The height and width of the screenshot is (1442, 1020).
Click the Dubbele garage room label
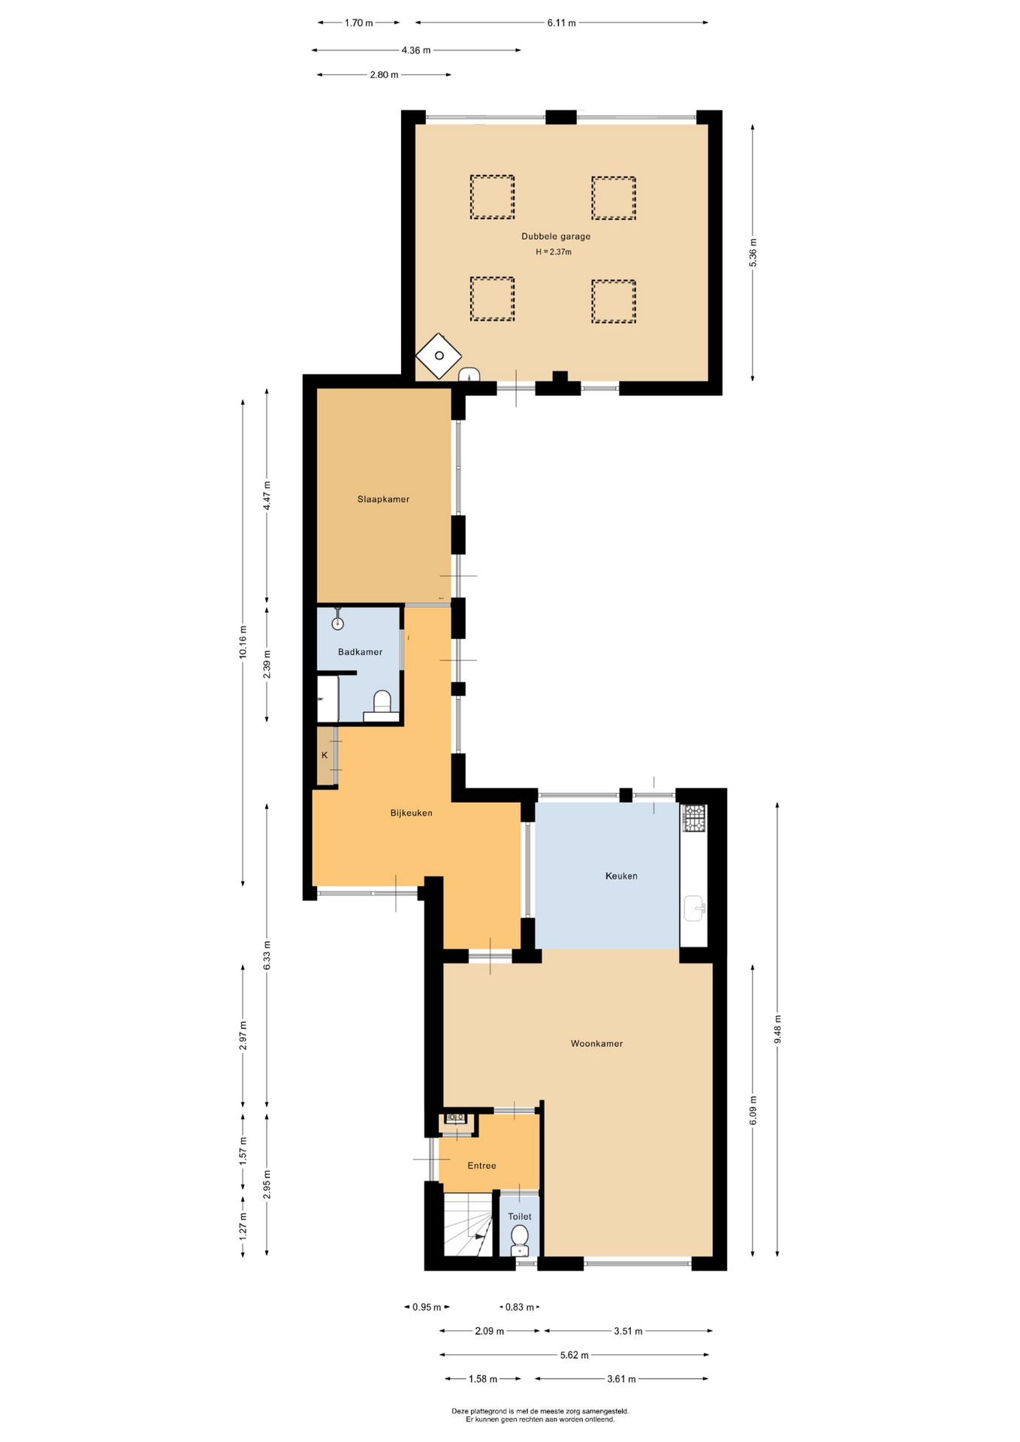556,236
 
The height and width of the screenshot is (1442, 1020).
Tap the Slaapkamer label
383,499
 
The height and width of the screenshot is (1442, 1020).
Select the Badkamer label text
360,652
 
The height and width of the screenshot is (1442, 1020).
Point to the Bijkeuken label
411,813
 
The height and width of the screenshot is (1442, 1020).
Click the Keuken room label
621,876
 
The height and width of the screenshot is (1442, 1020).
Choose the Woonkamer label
596,1043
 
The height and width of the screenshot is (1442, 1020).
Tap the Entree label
481,1166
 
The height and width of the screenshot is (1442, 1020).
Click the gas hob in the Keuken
694,818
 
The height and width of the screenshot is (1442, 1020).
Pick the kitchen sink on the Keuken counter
694,908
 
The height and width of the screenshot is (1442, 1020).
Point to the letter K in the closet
324,755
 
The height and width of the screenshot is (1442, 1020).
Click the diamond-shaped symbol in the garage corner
439,356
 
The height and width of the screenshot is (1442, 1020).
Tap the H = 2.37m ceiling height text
554,252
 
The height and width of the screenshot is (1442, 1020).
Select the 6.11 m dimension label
561,23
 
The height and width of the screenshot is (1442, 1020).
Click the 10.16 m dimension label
243,642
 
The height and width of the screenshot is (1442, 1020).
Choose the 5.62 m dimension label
574,1355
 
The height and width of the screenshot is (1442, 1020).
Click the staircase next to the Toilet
467,1225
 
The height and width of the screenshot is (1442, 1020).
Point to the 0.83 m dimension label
519,1307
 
